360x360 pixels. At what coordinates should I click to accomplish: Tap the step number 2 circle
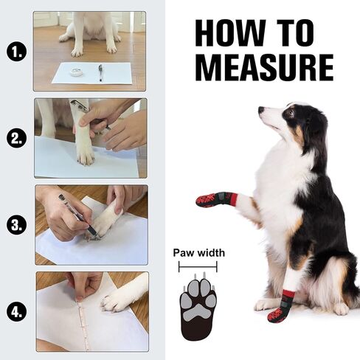click(x=16, y=137)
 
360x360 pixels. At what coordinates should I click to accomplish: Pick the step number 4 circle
click(x=16, y=311)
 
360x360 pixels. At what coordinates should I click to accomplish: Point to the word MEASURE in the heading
click(x=264, y=67)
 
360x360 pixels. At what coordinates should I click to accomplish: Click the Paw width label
click(x=198, y=253)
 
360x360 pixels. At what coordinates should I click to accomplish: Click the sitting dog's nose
click(x=261, y=111)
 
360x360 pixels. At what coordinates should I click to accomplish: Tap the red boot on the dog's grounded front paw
click(x=280, y=313)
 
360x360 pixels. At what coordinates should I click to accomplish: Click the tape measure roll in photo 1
click(x=75, y=72)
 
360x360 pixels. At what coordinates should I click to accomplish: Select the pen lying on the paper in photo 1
click(x=100, y=72)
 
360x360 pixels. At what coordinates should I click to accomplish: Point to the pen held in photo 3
click(x=76, y=215)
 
